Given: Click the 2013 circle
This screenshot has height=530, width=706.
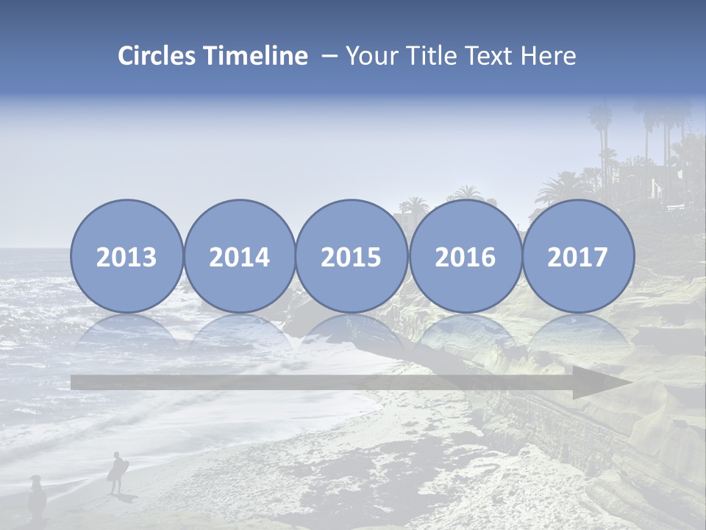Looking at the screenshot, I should pos(126,257).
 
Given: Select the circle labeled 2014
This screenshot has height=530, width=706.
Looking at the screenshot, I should pos(240,257).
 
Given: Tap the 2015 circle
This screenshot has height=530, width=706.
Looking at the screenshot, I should pos(352,257).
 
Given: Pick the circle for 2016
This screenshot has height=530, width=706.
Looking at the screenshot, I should pos(466,257).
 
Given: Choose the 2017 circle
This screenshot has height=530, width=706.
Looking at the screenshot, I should pos(578,257).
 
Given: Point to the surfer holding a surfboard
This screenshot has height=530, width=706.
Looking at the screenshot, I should pos(117,472).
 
